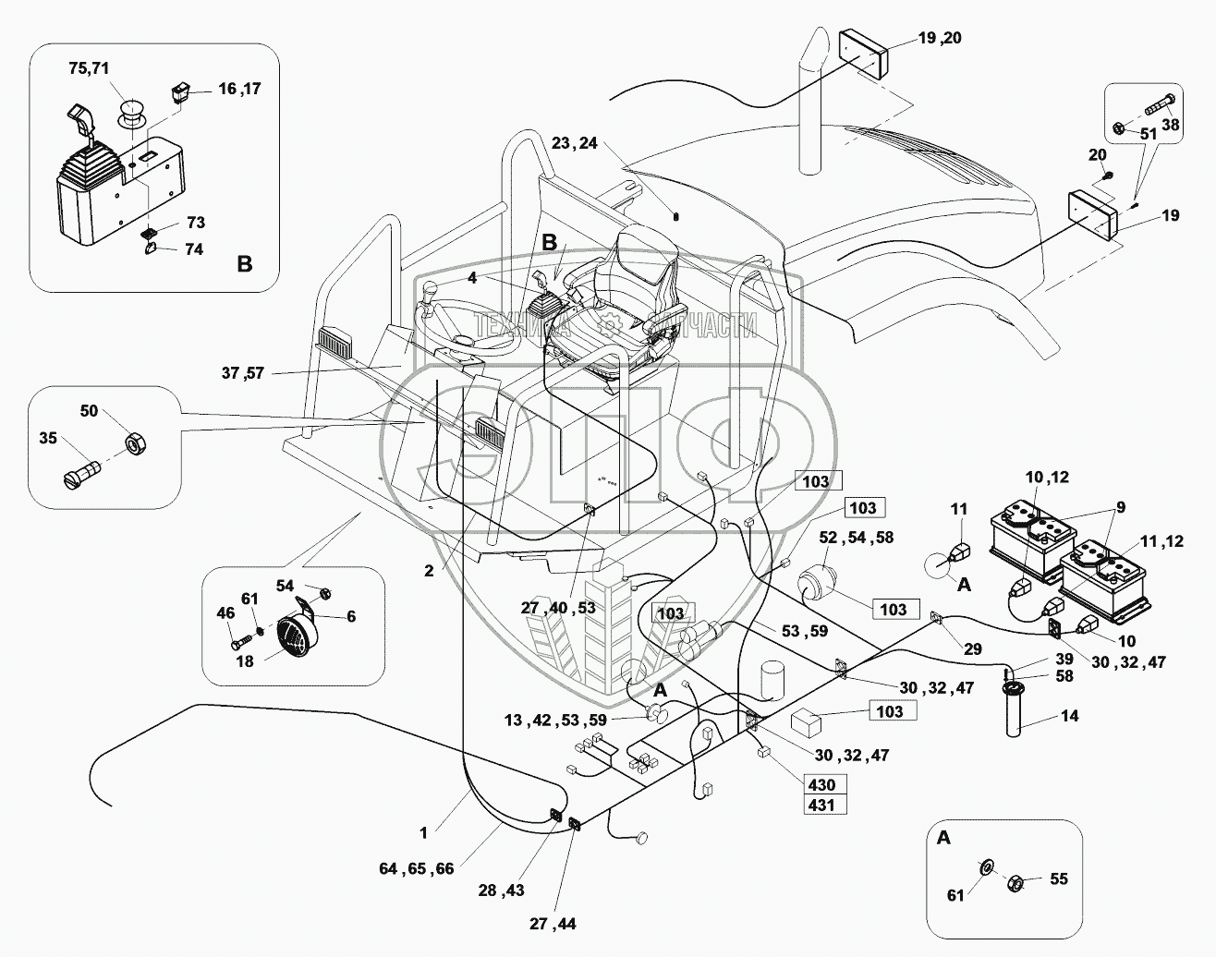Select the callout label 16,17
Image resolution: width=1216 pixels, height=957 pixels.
pyautogui.click(x=239, y=89)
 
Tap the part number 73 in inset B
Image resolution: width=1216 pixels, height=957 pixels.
pyautogui.click(x=196, y=224)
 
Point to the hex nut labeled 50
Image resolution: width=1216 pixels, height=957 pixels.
pyautogui.click(x=134, y=445)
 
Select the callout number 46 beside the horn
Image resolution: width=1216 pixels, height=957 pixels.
pyautogui.click(x=225, y=612)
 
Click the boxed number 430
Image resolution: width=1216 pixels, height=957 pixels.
pyautogui.click(x=821, y=784)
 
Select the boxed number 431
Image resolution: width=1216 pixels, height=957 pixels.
pyautogui.click(x=821, y=804)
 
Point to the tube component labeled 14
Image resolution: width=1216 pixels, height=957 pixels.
pyautogui.click(x=1015, y=711)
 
